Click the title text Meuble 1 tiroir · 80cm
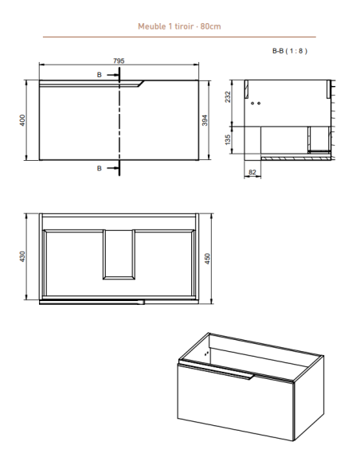(x=178, y=26)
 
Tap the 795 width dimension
(x=118, y=61)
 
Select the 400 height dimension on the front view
(x=23, y=119)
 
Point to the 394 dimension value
(x=205, y=119)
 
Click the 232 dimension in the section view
(x=228, y=97)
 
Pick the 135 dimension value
(x=228, y=139)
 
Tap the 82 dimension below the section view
(x=252, y=170)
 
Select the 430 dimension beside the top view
(x=23, y=256)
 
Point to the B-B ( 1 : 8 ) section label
(x=288, y=52)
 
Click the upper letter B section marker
(x=100, y=75)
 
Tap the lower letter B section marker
(x=100, y=168)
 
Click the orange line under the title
(x=178, y=37)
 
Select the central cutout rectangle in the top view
(x=118, y=254)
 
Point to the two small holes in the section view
(x=256, y=104)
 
